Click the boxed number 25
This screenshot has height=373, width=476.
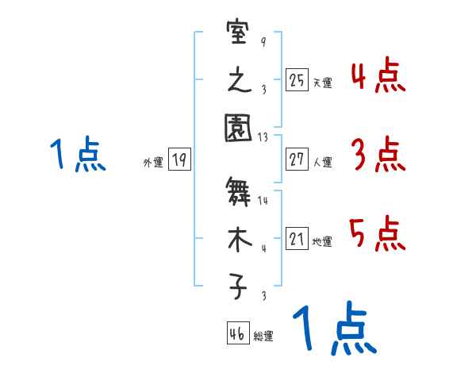pos(297,79)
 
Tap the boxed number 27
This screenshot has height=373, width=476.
pos(297,160)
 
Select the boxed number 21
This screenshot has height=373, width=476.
pos(297,238)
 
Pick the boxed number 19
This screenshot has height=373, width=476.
pos(179,160)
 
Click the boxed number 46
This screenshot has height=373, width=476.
pos(237,333)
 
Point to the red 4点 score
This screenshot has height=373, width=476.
pos(378,77)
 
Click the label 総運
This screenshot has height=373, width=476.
pos(263,336)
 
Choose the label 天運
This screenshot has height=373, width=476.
pos(322,83)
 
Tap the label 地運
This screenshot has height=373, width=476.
pos(322,241)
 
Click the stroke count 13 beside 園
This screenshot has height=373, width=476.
pos(263,137)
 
